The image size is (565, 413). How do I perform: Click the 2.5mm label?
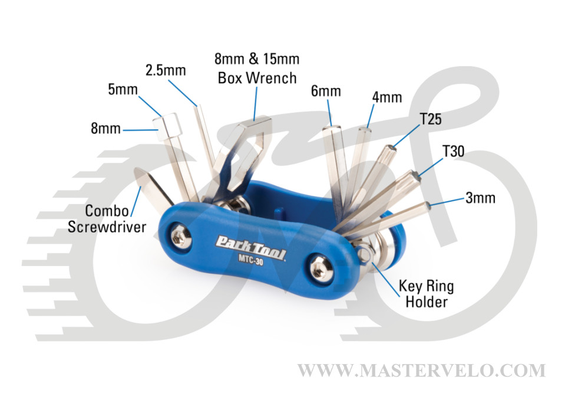coord(166,71)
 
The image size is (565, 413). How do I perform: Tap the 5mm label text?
coord(123,90)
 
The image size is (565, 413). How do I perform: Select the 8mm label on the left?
coord(105,128)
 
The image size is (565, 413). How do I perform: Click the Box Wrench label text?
coord(257,77)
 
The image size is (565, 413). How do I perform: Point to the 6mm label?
coord(326,91)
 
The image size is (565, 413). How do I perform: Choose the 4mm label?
coord(387,97)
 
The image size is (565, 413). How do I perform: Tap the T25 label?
coord(430,119)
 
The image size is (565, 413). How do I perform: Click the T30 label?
coord(453,152)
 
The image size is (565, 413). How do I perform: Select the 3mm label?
coord(480,198)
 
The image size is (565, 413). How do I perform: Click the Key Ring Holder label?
coord(427,294)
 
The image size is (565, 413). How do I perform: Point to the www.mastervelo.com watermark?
coord(421,371)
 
